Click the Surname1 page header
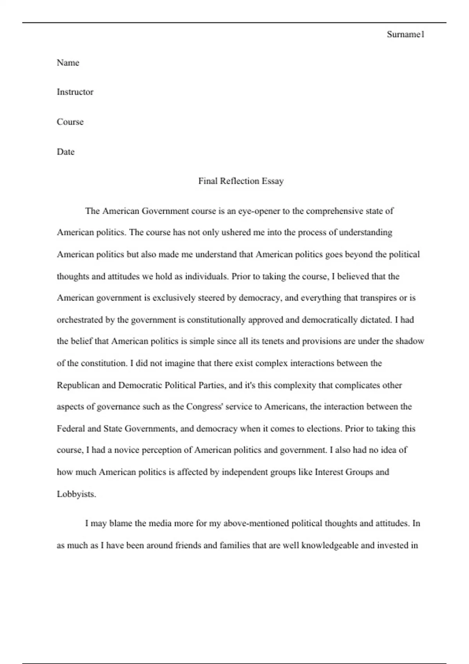pyautogui.click(x=405, y=34)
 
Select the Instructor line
pyautogui.click(x=75, y=92)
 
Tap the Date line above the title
pyautogui.click(x=66, y=152)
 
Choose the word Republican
pyautogui.click(x=78, y=386)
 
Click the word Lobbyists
pyautogui.click(x=76, y=494)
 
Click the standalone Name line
pyautogui.click(x=68, y=63)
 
